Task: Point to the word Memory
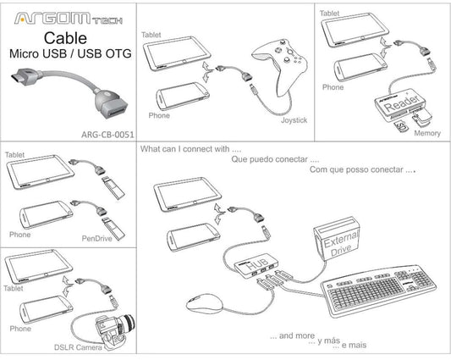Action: (428, 133)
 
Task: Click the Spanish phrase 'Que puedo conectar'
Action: (275, 159)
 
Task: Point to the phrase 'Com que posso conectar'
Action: (362, 169)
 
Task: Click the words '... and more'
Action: (291, 335)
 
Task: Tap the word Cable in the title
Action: (65, 38)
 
